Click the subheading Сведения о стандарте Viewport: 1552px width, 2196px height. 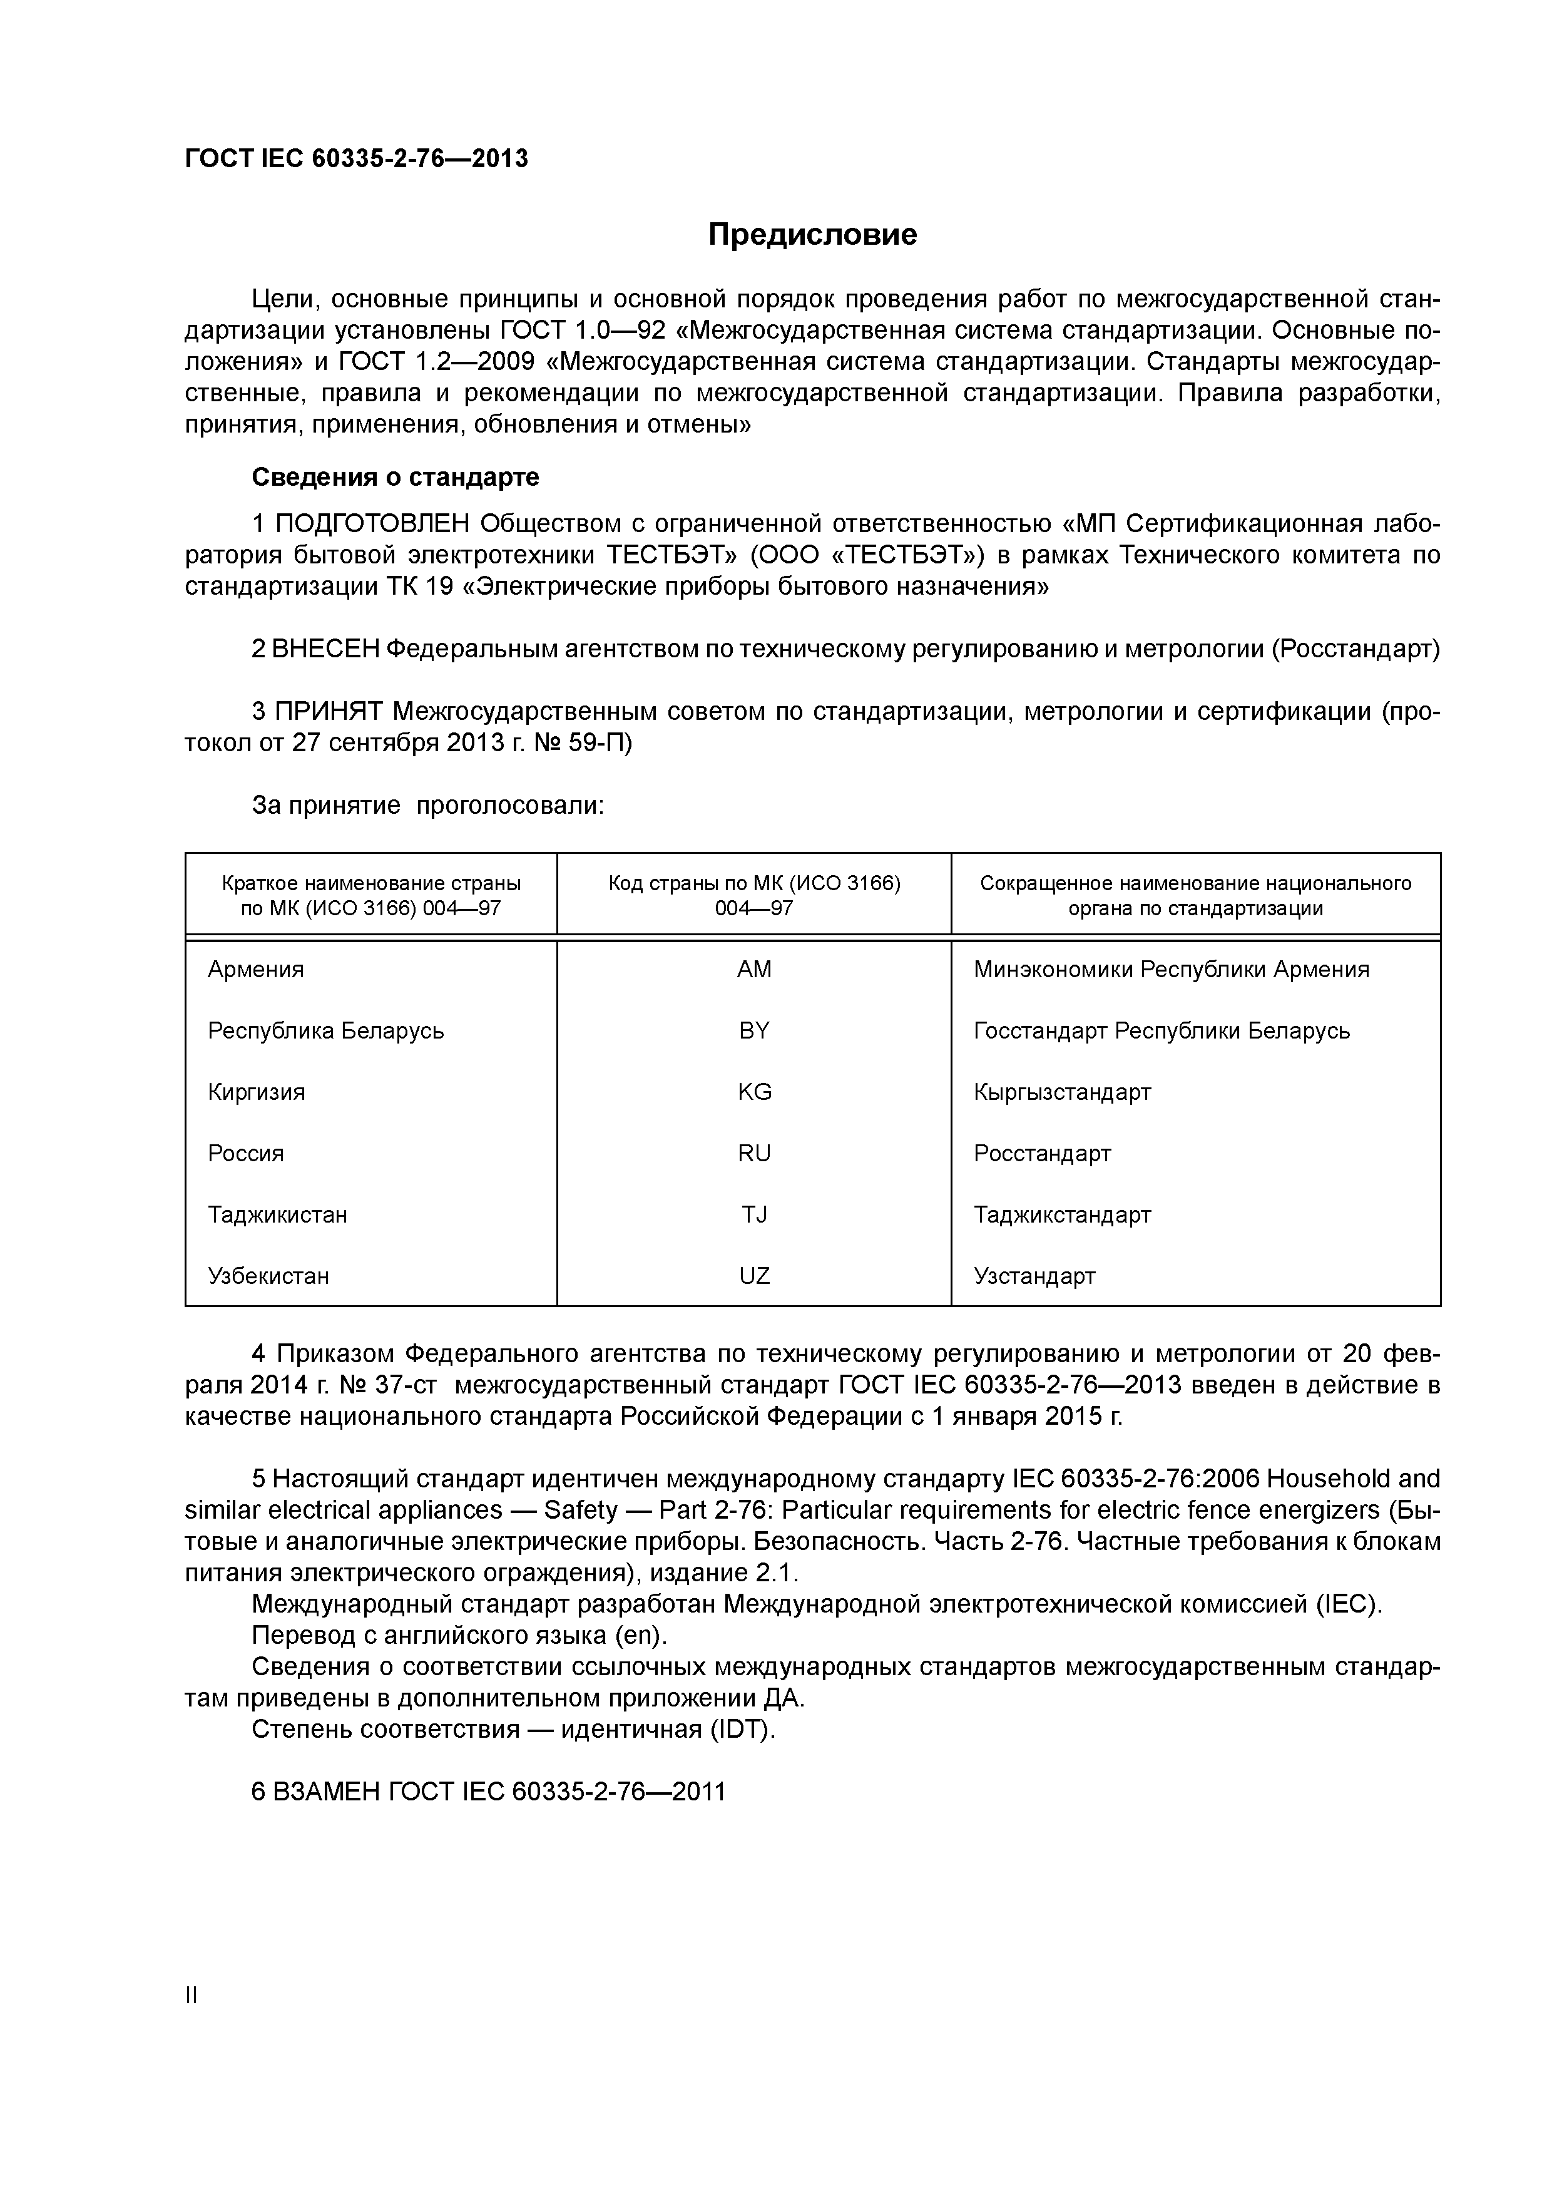point(395,476)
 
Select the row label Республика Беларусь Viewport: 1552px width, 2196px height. point(325,1031)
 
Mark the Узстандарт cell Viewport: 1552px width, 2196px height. point(1034,1276)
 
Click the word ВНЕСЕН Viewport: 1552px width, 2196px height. point(325,649)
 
